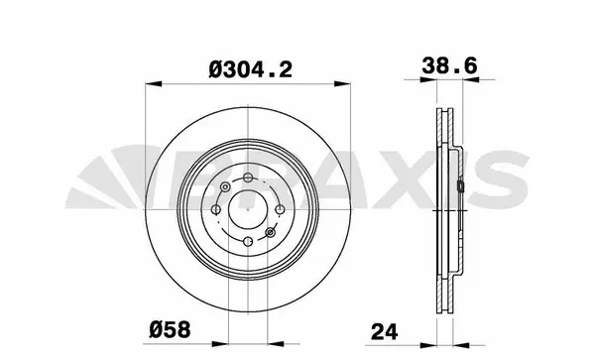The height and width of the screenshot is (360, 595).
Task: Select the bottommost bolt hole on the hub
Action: tap(246, 240)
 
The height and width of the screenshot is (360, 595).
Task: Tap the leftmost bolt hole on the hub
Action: tap(214, 209)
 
